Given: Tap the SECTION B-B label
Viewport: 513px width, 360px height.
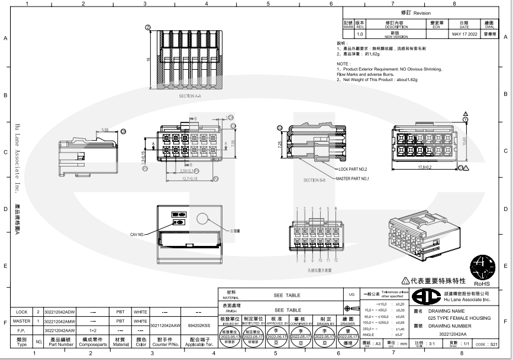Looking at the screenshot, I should tap(314, 180).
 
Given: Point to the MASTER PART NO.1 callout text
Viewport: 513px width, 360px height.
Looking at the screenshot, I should tap(353, 178).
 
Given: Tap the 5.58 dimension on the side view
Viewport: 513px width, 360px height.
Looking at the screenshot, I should tap(105, 129).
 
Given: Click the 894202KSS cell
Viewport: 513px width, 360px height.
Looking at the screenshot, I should tap(199, 325).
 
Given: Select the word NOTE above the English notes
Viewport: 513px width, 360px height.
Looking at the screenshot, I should tap(343, 63).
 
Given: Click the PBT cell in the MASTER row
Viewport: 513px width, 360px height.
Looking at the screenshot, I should tap(121, 320).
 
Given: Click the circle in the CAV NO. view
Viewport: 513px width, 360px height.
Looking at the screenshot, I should tap(204, 221).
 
